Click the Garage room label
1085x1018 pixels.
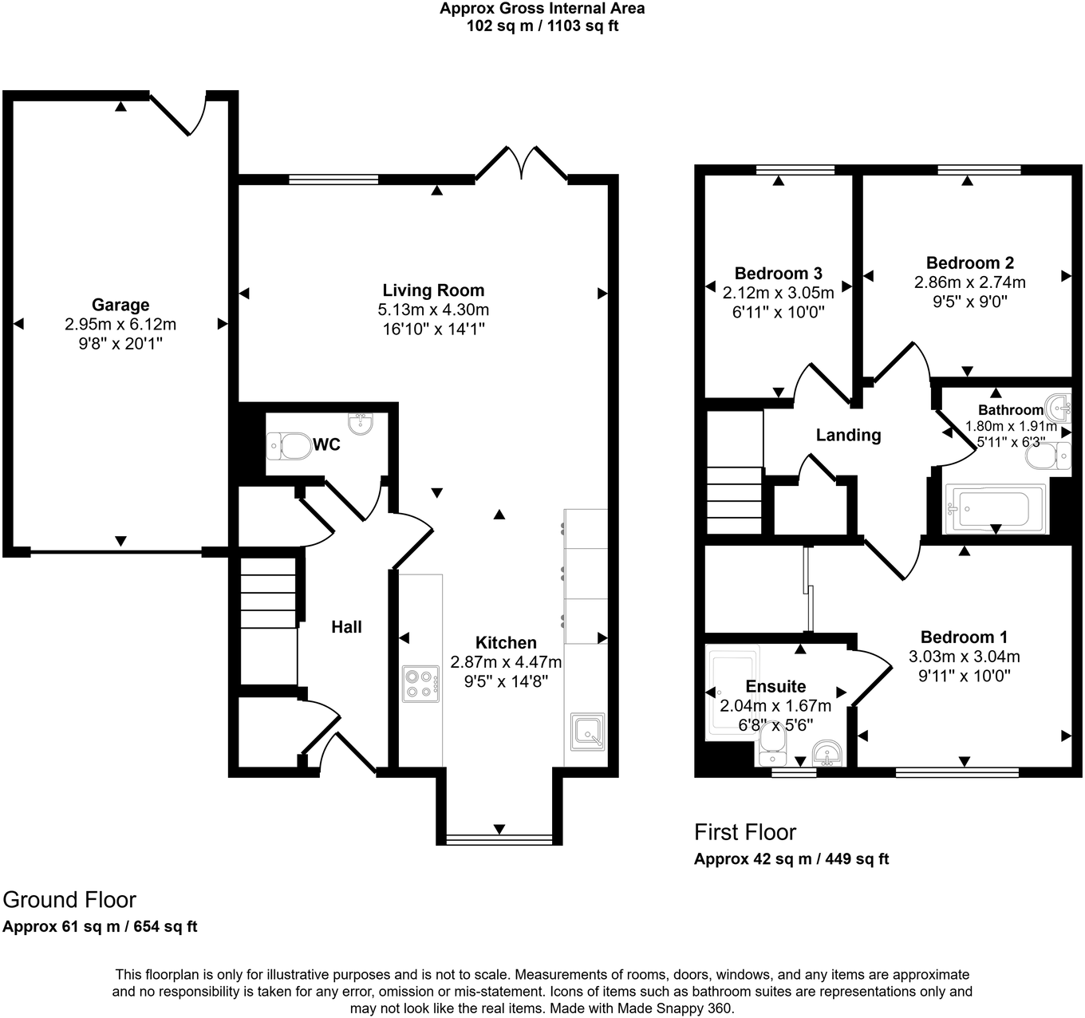120,305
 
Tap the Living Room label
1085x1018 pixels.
433,290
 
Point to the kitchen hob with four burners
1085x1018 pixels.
420,684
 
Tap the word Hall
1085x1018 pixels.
346,627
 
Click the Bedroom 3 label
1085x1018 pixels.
778,274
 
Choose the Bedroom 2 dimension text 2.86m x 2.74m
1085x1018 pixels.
969,282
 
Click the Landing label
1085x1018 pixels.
848,435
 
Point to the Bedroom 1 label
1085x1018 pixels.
964,637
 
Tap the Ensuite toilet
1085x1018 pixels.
771,738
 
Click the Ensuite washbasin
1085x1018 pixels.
826,753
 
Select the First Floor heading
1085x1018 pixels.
745,832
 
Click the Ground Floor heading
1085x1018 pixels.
69,900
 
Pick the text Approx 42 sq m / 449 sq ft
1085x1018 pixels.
791,859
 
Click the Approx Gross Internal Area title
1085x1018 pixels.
542,9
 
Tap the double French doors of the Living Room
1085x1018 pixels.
522,164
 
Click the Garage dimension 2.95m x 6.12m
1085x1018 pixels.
120,325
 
